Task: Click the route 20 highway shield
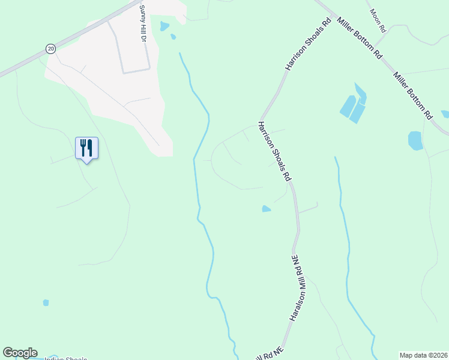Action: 50,49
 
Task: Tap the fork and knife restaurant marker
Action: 86,147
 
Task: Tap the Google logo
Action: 20,353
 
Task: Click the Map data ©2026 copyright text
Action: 423,355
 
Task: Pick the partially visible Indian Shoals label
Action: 66,358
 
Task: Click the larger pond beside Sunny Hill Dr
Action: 164,26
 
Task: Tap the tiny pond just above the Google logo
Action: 46,303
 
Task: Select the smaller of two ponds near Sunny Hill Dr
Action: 173,37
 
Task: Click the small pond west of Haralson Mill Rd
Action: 266,209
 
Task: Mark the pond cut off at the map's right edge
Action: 445,114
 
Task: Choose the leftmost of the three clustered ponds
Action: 347,106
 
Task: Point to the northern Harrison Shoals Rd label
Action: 309,44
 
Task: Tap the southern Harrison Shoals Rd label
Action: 274,151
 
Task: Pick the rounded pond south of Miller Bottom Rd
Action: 415,140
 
